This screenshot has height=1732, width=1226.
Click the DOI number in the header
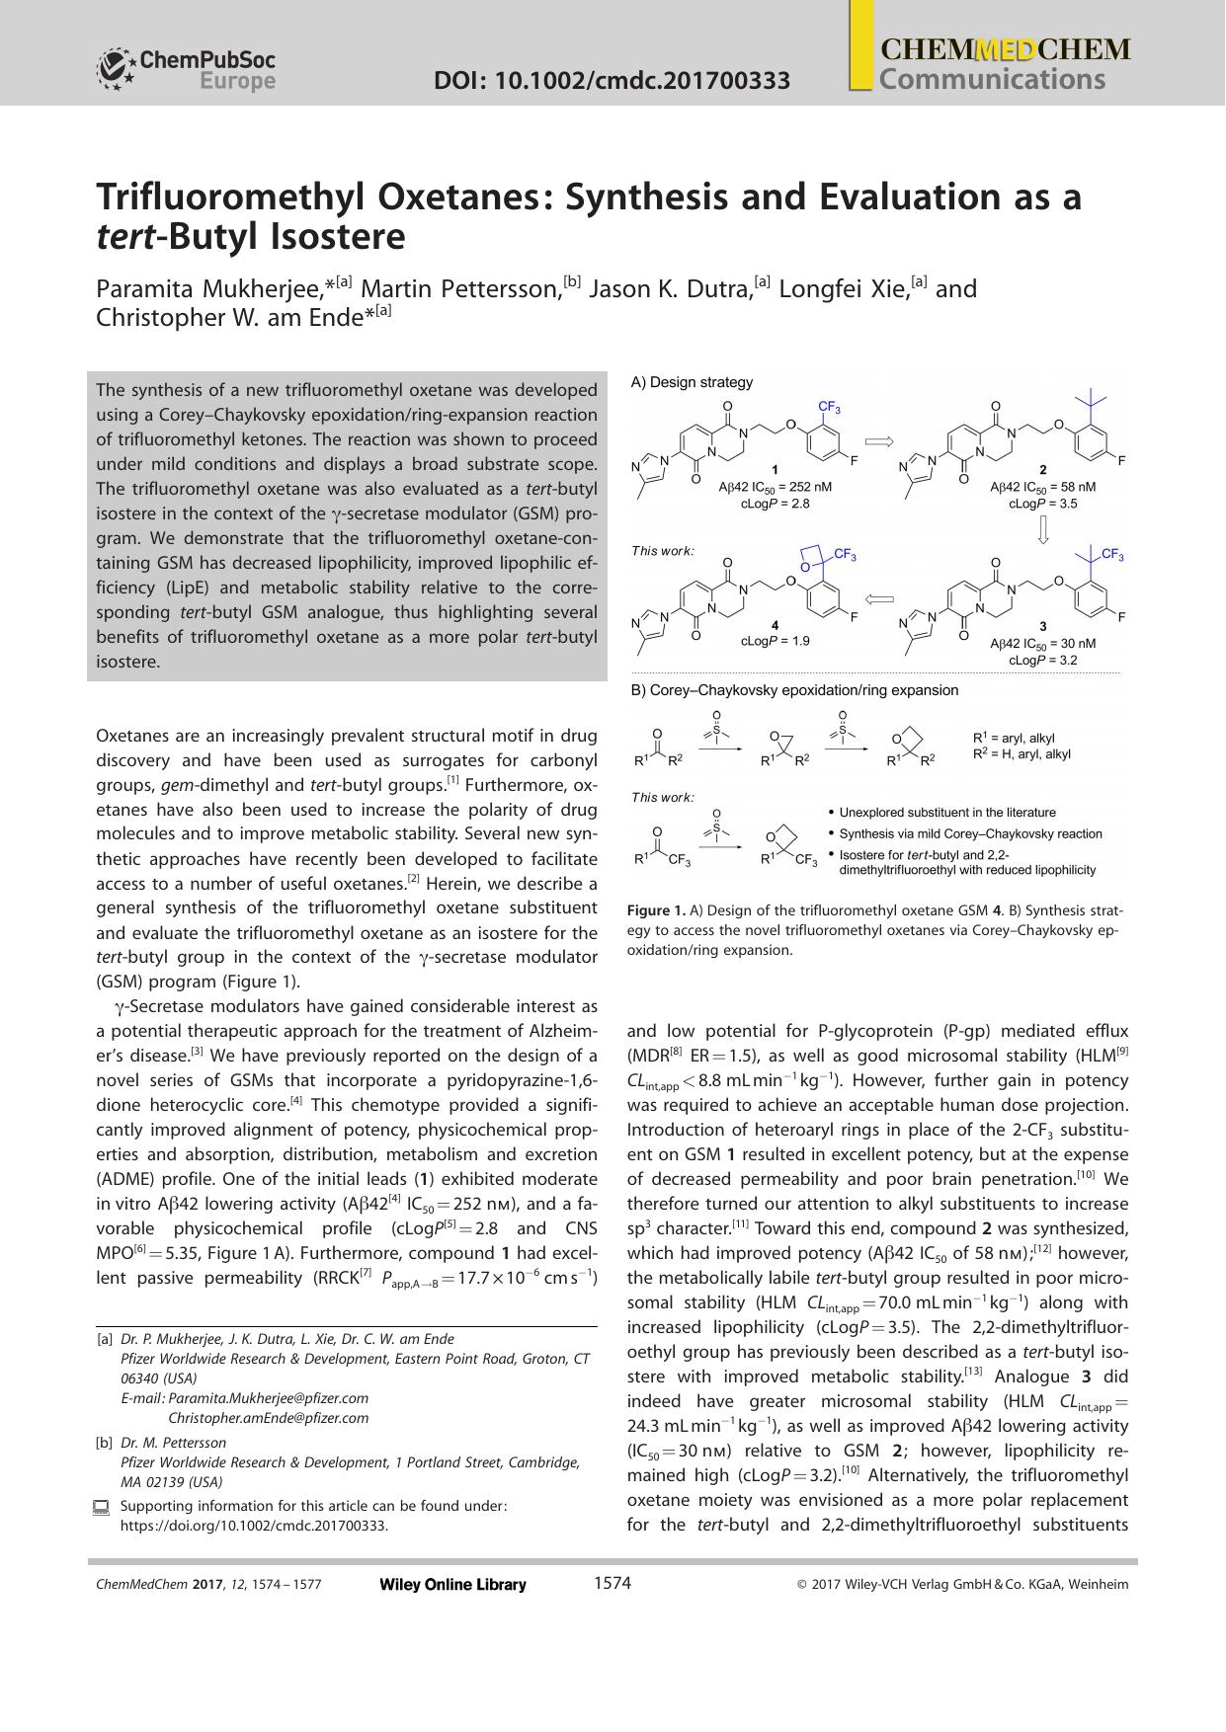click(612, 80)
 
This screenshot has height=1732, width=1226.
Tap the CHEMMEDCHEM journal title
click(1004, 50)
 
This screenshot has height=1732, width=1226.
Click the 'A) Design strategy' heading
click(692, 382)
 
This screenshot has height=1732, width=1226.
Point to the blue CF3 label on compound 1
click(829, 407)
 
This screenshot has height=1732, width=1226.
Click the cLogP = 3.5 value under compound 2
click(1042, 504)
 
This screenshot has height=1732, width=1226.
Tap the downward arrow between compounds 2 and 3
click(1042, 530)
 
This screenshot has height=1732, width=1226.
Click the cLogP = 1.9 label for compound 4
click(776, 641)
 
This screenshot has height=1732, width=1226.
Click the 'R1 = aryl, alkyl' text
click(1014, 739)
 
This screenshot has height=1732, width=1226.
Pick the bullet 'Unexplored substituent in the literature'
click(946, 812)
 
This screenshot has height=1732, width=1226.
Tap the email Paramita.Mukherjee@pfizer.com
click(268, 1397)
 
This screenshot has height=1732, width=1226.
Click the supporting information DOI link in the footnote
click(254, 1526)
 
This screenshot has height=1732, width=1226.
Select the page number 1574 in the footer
click(612, 1584)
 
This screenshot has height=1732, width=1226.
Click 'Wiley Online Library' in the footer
click(452, 1585)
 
